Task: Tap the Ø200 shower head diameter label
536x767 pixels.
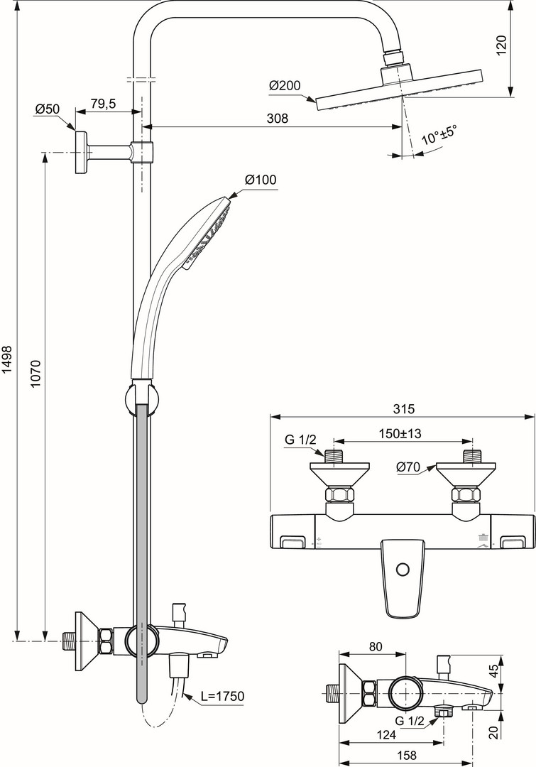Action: tap(285, 86)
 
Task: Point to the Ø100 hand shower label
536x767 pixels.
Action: tap(261, 180)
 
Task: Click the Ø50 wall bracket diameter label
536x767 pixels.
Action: tap(47, 108)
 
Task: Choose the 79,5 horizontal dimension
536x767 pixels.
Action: tap(103, 103)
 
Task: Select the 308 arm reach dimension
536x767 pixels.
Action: tap(278, 118)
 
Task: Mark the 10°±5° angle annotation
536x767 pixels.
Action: tap(439, 134)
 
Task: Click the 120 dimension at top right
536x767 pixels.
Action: tap(502, 45)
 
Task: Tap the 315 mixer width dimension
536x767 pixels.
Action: tap(404, 408)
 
